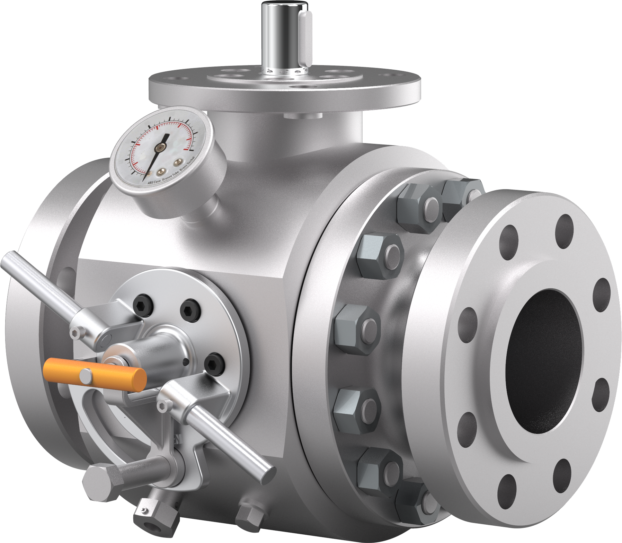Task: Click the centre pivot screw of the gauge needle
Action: point(159,148)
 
